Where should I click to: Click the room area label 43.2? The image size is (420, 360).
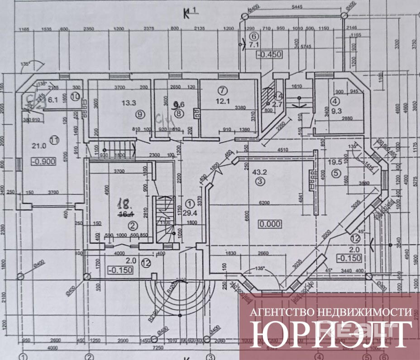coord(259,172)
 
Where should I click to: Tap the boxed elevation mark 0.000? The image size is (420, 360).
coord(269,223)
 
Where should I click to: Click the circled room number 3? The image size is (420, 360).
coord(259,182)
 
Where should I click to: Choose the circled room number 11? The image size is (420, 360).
coord(54,140)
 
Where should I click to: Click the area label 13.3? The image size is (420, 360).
coord(129,103)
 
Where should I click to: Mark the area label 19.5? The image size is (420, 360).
coord(335,161)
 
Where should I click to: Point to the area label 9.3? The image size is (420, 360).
coord(335,111)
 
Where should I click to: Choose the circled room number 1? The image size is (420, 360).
coord(190,203)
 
